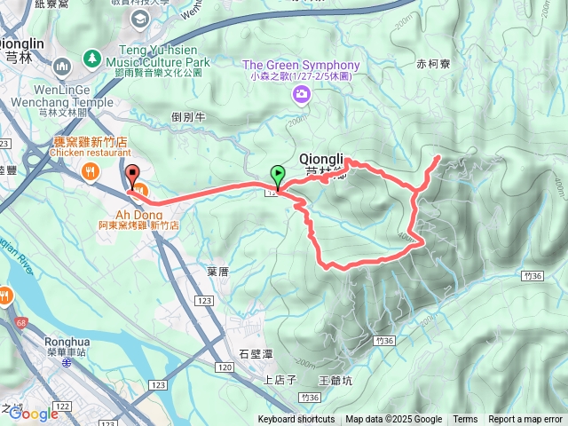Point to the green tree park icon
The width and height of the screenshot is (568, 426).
click(91, 58)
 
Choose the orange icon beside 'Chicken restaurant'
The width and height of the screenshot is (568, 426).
click(90, 170)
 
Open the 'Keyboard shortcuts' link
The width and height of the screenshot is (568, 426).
click(296, 420)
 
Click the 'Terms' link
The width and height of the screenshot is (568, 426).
click(465, 420)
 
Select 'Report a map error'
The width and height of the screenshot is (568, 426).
click(525, 420)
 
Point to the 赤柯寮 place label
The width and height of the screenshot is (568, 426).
click(433, 64)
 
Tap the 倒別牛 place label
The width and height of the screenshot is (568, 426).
click(188, 116)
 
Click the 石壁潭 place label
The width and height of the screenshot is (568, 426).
click(256, 353)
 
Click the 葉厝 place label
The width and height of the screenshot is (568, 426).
click(218, 272)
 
